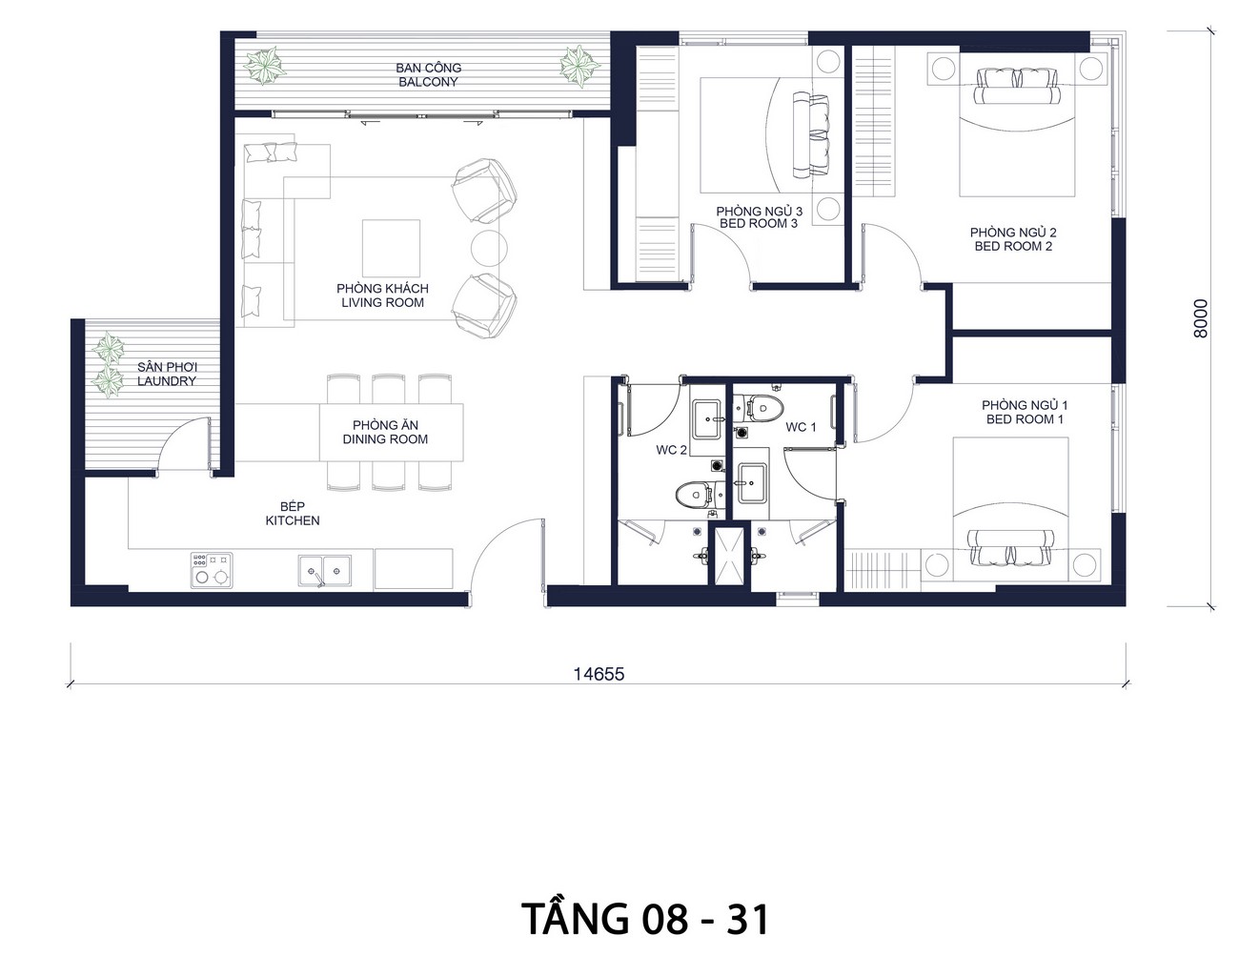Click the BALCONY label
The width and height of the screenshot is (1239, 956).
click(x=428, y=82)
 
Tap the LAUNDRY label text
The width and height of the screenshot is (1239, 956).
click(x=167, y=381)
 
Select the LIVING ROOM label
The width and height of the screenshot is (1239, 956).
click(x=382, y=303)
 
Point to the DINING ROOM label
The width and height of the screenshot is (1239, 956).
click(x=385, y=439)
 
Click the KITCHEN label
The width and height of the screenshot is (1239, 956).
click(x=293, y=520)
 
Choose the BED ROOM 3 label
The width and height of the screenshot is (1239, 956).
click(x=759, y=223)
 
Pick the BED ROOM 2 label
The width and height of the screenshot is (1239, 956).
click(x=1013, y=246)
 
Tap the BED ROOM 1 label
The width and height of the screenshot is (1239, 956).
click(x=1025, y=419)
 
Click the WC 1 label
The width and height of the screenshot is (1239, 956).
click(x=801, y=427)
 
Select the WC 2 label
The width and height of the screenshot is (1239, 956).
click(x=671, y=450)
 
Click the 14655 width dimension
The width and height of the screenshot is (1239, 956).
click(x=599, y=675)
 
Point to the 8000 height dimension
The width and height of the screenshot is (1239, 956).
click(x=1201, y=318)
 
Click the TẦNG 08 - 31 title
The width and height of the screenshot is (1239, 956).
click(x=645, y=920)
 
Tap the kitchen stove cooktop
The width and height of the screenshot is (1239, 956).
click(x=212, y=570)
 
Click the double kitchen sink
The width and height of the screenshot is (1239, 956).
click(x=324, y=571)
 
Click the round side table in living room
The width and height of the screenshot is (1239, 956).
click(x=489, y=248)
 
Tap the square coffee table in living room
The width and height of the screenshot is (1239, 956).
click(x=391, y=248)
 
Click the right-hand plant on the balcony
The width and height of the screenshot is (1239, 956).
click(x=579, y=66)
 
